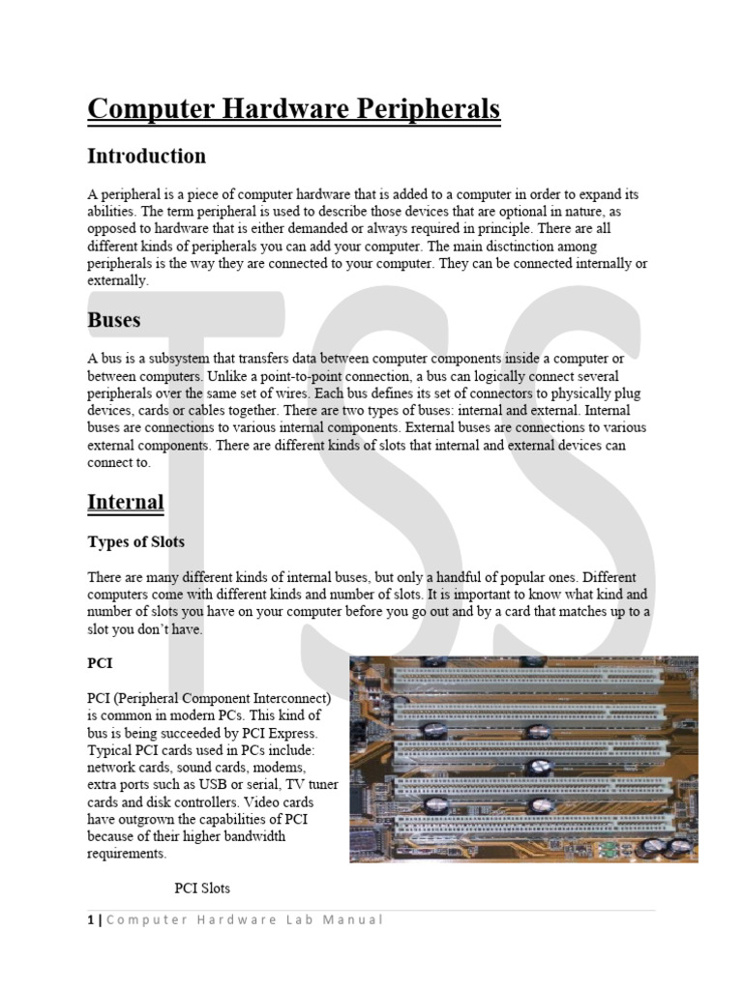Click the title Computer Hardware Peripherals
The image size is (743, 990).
(x=294, y=108)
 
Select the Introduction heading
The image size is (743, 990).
(x=146, y=156)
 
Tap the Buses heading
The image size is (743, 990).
(x=114, y=319)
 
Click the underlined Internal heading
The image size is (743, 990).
(x=125, y=503)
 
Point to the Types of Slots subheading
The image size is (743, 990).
(x=135, y=541)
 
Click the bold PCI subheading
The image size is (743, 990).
(x=101, y=663)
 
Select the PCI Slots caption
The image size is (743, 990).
(x=202, y=888)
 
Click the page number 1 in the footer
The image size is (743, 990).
(x=90, y=919)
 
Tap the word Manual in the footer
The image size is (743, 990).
(x=357, y=919)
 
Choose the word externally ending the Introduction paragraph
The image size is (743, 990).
(x=117, y=280)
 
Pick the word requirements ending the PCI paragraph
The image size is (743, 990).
(x=126, y=855)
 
